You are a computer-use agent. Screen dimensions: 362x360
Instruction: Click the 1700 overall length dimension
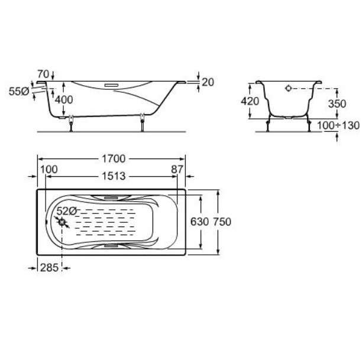(x=114, y=159)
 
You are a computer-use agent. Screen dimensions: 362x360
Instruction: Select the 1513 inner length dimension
(x=114, y=176)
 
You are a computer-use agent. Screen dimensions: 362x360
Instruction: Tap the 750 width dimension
(x=222, y=222)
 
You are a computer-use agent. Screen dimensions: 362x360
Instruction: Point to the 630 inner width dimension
(x=199, y=222)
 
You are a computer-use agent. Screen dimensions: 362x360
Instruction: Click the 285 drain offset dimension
(x=49, y=268)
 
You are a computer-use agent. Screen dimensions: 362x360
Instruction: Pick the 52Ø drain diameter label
(x=66, y=211)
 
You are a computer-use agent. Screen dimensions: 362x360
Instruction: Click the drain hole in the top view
(x=62, y=222)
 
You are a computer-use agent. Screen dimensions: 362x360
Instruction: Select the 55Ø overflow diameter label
(x=19, y=92)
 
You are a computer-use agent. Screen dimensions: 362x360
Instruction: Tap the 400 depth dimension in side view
(x=64, y=100)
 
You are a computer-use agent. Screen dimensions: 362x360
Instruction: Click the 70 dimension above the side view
(x=43, y=74)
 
